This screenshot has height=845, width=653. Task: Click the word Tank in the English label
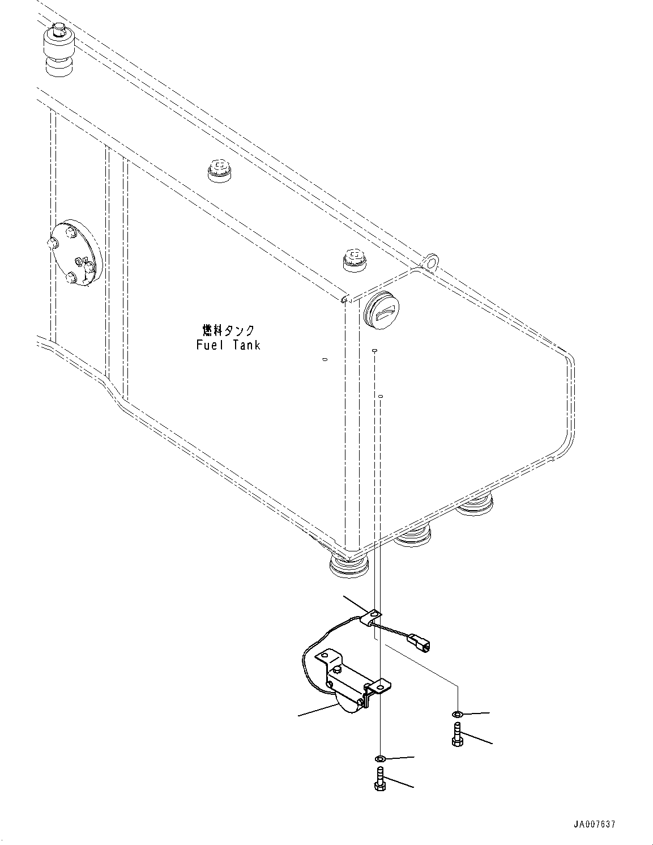point(245,345)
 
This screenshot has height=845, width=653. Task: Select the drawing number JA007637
point(594,824)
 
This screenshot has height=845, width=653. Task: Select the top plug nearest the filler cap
point(355,259)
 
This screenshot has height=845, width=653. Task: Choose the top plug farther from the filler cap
point(219,169)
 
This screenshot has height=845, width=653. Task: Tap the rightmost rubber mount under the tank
point(475,504)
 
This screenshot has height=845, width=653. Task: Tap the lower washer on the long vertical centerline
point(381,758)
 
